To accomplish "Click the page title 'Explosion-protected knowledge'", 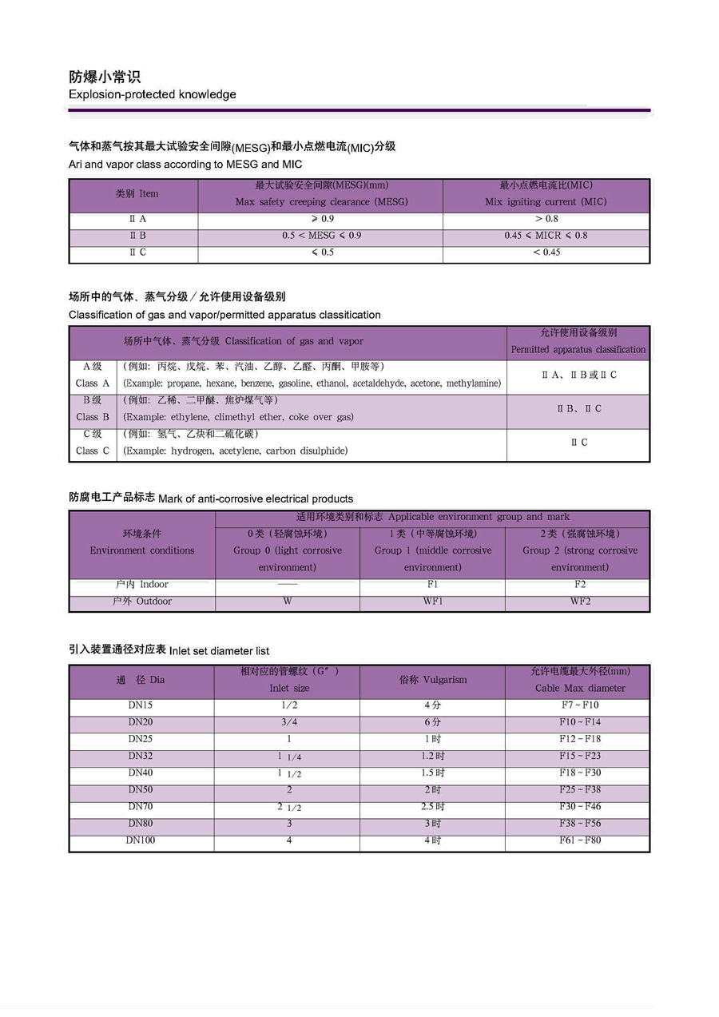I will click(152, 94).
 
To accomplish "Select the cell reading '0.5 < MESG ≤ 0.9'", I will click(321, 236).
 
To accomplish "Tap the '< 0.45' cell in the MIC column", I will click(546, 252).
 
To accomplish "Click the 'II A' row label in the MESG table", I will click(137, 219).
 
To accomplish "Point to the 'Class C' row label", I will click(93, 451).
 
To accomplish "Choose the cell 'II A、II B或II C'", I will click(578, 375).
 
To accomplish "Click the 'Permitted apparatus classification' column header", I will click(578, 349).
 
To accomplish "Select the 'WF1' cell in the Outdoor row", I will click(432, 602).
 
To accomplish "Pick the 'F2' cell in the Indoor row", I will click(579, 585).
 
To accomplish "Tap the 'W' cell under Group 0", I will click(288, 602).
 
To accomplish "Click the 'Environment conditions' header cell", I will click(142, 550).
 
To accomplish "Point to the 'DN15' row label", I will click(141, 705).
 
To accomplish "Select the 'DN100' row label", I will click(141, 840).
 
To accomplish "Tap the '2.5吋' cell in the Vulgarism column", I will click(433, 807).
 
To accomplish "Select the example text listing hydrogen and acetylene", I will click(236, 451).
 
